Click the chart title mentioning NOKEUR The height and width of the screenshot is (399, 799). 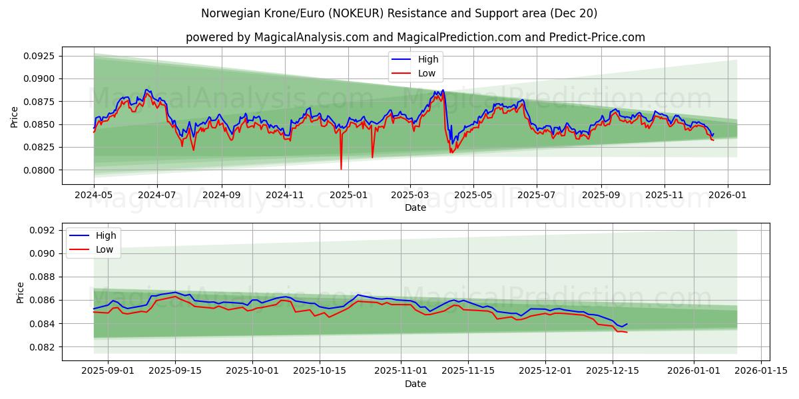[399, 13]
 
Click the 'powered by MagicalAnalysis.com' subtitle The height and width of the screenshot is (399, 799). [415, 37]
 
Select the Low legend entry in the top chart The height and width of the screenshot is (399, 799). [427, 73]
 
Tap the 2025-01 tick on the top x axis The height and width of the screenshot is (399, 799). [348, 196]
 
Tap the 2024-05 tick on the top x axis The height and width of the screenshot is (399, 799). [94, 196]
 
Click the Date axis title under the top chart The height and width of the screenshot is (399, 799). [415, 207]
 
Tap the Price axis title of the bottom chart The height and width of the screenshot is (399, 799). [20, 292]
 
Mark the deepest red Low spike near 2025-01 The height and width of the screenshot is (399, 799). [341, 169]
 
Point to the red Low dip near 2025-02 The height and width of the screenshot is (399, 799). [372, 158]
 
